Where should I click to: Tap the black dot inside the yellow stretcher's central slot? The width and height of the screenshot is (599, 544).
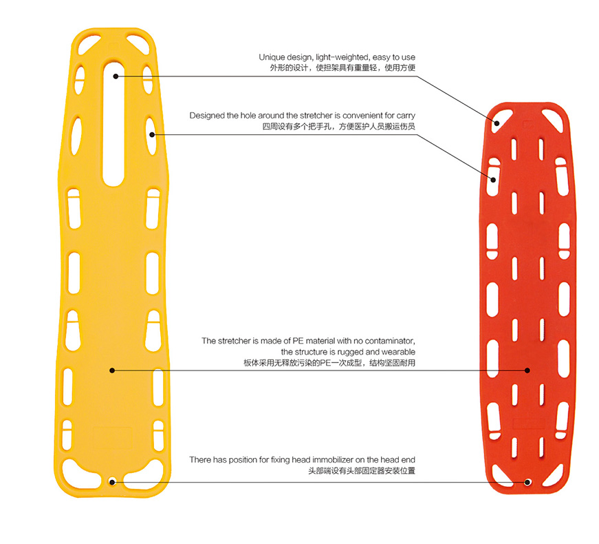116,76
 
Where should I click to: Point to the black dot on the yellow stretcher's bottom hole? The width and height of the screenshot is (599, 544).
112,482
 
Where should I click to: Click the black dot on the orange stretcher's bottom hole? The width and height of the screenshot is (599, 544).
527,482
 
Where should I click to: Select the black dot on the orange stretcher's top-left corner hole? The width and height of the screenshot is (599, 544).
497,123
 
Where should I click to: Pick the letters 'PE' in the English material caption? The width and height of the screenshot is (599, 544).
298,341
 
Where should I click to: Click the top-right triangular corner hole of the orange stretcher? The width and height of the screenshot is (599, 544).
552,118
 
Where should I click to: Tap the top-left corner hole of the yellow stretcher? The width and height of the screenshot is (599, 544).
88,44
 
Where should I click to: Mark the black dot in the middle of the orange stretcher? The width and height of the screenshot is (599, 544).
527,370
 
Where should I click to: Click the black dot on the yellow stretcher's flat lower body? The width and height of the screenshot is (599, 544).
112,370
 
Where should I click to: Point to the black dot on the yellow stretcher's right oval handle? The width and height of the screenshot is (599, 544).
152,135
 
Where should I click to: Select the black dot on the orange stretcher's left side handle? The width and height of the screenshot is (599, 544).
493,180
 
